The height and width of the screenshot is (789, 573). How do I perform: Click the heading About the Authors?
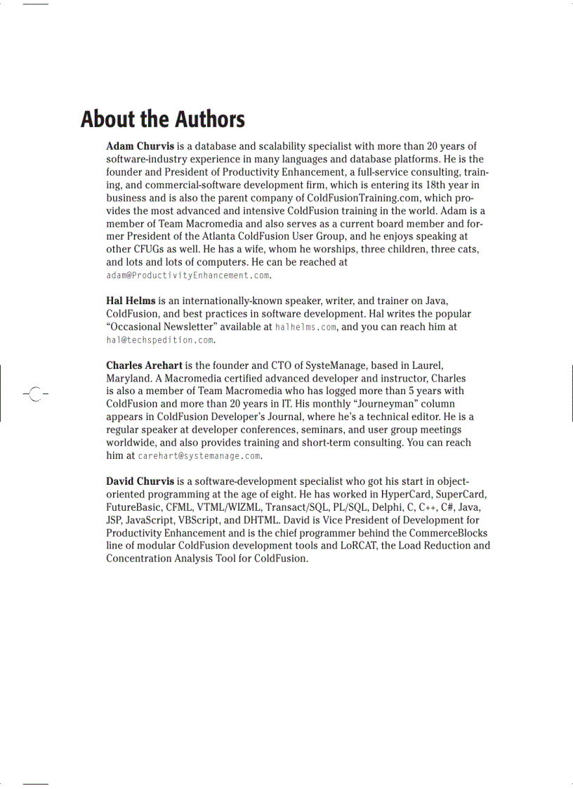pyautogui.click(x=162, y=119)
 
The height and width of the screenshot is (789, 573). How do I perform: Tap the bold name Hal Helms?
pyautogui.click(x=131, y=301)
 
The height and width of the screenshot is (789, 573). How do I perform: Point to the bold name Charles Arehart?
pyautogui.click(x=144, y=365)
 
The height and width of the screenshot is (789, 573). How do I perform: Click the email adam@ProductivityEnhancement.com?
pyautogui.click(x=187, y=275)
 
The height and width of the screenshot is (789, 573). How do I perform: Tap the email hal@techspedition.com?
pyautogui.click(x=159, y=340)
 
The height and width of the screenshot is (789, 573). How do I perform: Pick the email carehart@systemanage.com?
pyautogui.click(x=199, y=456)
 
